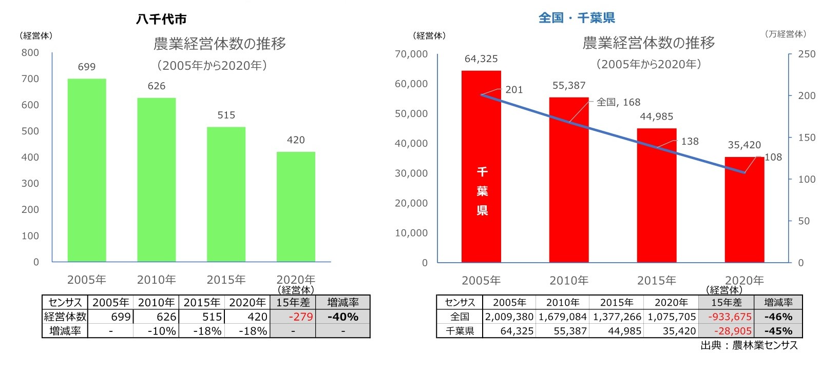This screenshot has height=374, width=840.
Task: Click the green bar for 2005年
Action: point(87,170)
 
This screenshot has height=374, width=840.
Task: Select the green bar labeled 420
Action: point(296,207)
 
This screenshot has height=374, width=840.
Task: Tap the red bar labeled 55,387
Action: point(569,180)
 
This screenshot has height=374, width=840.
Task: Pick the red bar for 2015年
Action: point(657,195)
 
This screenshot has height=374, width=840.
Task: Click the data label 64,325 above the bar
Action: point(481,59)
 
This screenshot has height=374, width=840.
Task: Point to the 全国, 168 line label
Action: point(618,102)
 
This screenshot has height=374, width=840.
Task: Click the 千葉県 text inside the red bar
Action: point(482,191)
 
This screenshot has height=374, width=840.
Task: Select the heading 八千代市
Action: point(161,19)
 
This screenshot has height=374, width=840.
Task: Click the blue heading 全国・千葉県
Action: point(577,18)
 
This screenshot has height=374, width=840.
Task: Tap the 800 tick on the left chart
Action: point(30,53)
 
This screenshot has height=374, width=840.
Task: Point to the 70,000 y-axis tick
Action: point(411,54)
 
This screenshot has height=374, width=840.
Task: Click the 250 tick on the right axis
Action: point(807,54)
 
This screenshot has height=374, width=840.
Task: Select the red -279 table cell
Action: point(301,317)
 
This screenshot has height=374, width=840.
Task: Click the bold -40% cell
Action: point(343,317)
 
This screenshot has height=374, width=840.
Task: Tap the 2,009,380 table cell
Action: point(509,317)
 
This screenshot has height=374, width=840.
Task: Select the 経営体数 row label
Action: point(65,317)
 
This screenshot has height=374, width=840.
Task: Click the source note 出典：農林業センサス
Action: point(749,346)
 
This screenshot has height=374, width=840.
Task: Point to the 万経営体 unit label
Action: point(785,34)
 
